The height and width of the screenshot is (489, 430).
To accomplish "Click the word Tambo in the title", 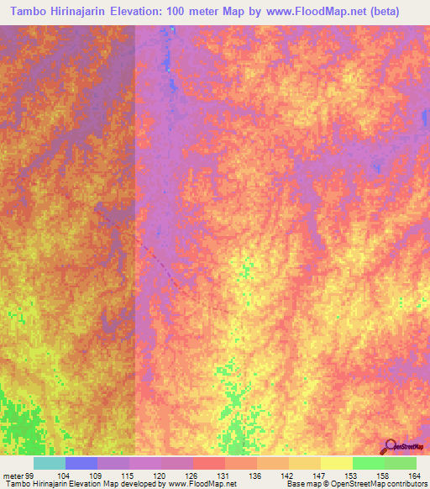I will pyautogui.click(x=31, y=10).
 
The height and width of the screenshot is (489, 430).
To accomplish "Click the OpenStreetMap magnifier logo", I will pyautogui.click(x=390, y=447).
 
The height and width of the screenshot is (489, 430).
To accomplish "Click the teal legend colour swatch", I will pyautogui.click(x=49, y=463).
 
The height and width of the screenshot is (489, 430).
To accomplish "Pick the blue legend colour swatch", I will pyautogui.click(x=81, y=463).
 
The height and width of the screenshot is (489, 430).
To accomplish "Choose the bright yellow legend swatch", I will pyautogui.click(x=336, y=463).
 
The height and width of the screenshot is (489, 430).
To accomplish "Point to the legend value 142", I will pyautogui.click(x=291, y=475).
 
